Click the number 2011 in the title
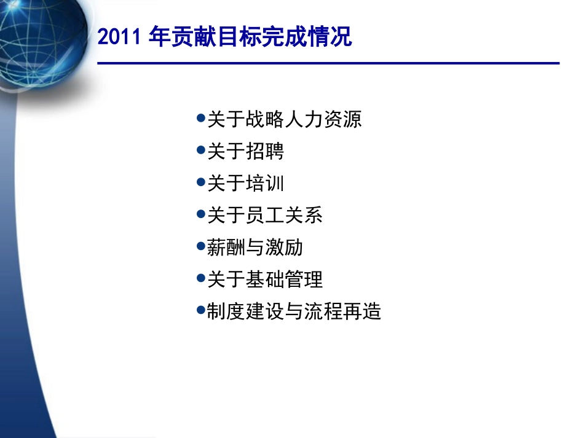120,37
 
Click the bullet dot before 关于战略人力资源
200,117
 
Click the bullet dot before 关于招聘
200,149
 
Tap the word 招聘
265,151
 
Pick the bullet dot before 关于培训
200,182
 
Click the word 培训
265,183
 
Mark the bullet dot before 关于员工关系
200,214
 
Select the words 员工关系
284,215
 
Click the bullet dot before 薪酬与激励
200,246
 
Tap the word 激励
284,248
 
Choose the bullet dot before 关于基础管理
200,278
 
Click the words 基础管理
284,280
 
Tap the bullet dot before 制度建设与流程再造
200,310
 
